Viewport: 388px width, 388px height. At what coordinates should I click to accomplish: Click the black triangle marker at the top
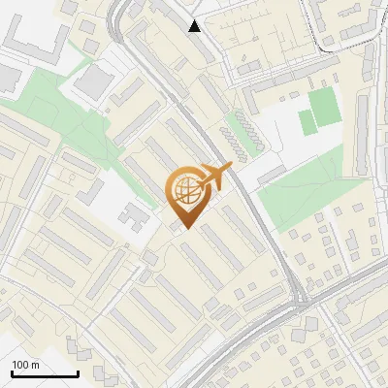click(x=195, y=26)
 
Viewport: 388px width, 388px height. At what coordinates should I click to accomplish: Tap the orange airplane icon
click(x=215, y=177)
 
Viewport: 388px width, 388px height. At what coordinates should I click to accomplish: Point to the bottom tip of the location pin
click(x=184, y=228)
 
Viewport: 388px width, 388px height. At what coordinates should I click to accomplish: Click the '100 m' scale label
click(x=25, y=365)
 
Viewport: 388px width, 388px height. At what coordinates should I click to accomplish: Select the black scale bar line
click(x=45, y=373)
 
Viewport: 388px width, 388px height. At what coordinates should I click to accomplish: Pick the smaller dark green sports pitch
click(x=307, y=123)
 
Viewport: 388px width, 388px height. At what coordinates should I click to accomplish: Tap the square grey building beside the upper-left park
click(x=94, y=81)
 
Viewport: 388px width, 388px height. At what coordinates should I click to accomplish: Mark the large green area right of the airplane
click(x=301, y=189)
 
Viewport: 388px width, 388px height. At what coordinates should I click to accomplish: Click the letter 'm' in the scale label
click(x=35, y=365)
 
